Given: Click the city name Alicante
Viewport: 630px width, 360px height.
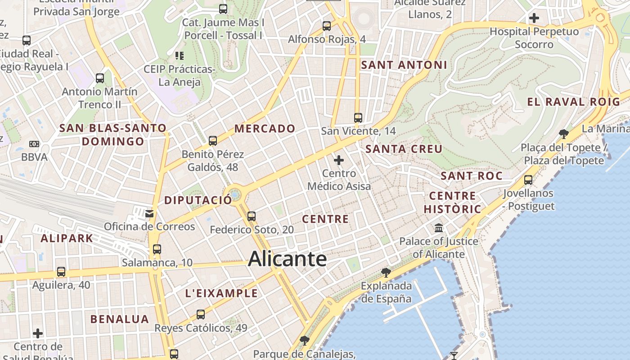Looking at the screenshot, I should coord(287,259).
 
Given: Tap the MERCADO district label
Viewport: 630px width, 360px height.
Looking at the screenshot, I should coord(265,129).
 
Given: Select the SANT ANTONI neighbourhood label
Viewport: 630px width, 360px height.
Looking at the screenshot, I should coord(404,65).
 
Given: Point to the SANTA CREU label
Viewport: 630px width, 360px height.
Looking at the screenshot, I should coord(404,149).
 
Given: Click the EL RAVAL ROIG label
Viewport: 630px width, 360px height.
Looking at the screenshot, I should coord(573,102).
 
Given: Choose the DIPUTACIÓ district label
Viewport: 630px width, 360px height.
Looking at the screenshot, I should coord(198,201).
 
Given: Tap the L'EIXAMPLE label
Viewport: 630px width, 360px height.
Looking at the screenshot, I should coord(221,294).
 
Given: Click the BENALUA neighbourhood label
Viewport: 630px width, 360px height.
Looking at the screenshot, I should coord(119,319).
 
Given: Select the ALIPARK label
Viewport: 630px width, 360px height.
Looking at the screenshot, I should coord(67,238).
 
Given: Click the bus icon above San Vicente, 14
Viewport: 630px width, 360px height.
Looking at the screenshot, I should coord(358,118).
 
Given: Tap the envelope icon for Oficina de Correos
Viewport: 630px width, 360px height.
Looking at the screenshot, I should coord(149,213).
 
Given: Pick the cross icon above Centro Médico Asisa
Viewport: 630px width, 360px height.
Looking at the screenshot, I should coord(339,160).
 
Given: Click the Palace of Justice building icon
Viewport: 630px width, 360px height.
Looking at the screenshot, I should coord(439,228).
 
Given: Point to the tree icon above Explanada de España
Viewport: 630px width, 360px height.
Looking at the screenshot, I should coord(386,272).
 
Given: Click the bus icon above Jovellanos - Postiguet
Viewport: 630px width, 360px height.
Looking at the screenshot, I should coord(528,180).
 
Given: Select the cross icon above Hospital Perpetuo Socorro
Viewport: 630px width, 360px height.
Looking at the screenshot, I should coord(534,18).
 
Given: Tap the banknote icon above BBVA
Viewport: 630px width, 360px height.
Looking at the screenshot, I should coord(34,144).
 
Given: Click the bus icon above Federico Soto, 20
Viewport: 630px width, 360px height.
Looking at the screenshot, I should coord(252,216).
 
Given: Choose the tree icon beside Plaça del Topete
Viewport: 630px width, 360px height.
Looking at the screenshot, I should coord(563,134).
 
